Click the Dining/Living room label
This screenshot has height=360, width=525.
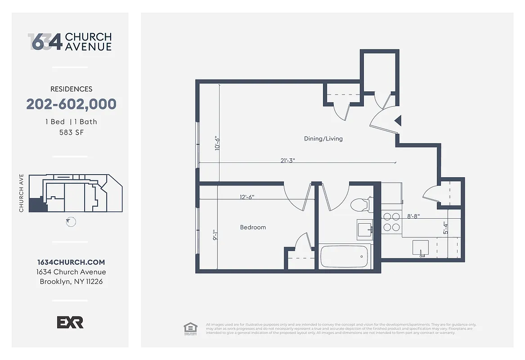tap(323, 139)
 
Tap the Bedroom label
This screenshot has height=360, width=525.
tap(253, 227)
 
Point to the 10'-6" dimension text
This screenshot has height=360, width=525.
tap(217, 144)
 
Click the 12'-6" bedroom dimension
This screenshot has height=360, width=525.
tap(247, 197)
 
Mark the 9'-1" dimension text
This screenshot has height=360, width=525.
tap(215, 235)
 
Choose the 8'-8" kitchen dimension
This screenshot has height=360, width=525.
tap(414, 216)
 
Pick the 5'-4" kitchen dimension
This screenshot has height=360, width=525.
tap(445, 228)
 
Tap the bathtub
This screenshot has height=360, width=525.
tap(345, 256)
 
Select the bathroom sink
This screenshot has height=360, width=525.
tap(364, 229)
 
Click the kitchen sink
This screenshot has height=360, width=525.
tap(420, 247)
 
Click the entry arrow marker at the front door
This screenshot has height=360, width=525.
tap(398, 121)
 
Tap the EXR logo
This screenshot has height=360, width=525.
tap(70, 322)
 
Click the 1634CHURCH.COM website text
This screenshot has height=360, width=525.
tap(72, 262)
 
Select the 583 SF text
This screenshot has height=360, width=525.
tap(71, 132)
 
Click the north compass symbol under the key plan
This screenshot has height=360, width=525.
tap(71, 222)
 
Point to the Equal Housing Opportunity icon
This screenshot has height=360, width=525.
tap(190, 328)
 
